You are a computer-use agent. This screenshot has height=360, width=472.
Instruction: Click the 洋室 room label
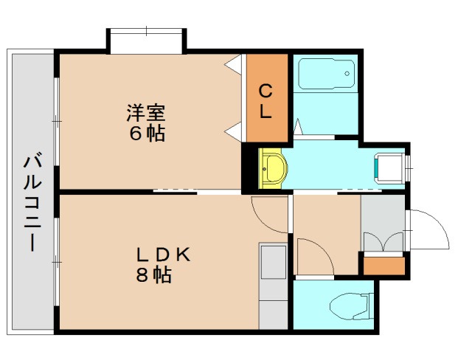point(145,114)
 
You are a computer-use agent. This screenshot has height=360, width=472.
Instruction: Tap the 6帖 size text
point(145,134)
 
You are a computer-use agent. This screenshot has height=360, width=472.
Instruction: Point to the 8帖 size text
point(155,276)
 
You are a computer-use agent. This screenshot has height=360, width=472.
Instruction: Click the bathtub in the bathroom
point(325,75)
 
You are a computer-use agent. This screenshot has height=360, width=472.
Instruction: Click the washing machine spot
point(389,167)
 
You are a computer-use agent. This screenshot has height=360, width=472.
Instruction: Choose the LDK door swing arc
point(268,214)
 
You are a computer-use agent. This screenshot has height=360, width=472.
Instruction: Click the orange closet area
point(266,97)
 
